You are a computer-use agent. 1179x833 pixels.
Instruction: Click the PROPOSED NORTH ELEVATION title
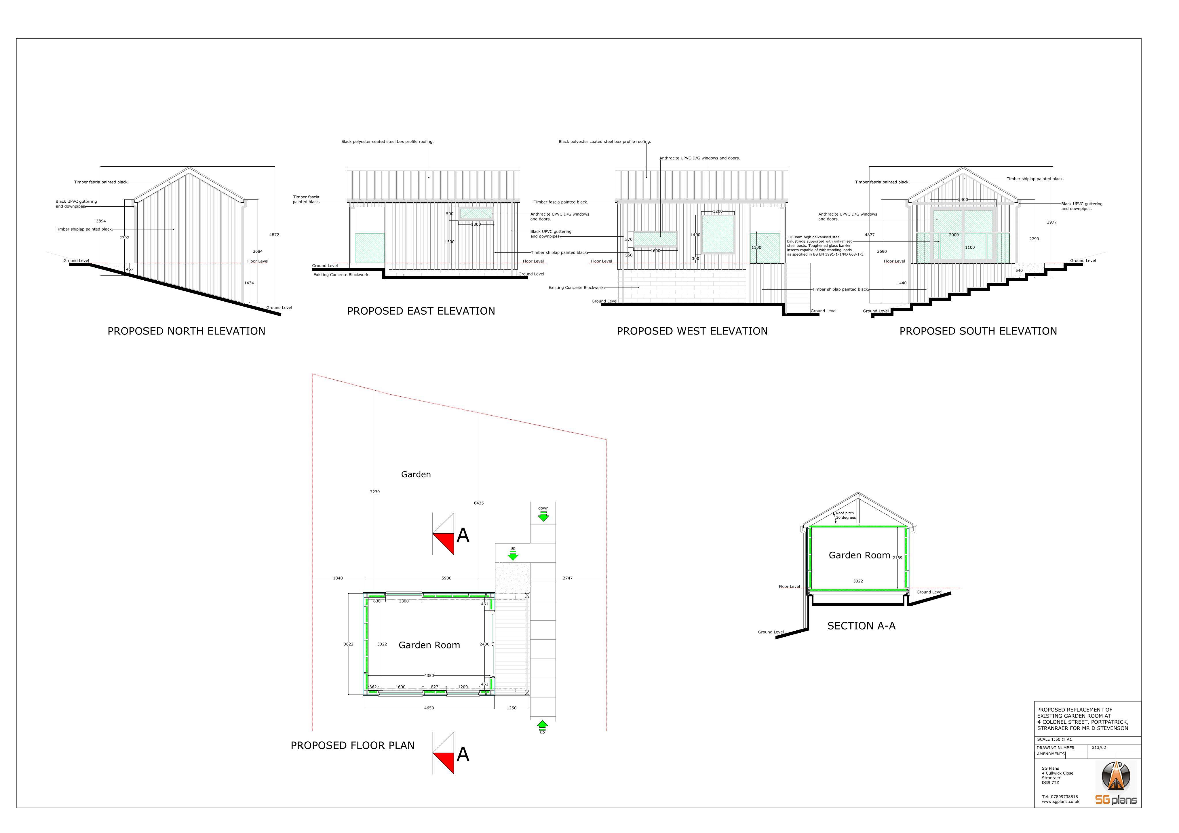tap(187, 331)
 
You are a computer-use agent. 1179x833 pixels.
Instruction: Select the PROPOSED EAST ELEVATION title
tap(421, 311)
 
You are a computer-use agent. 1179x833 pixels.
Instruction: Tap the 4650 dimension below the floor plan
tap(429, 708)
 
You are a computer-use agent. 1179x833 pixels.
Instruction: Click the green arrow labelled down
tap(543, 516)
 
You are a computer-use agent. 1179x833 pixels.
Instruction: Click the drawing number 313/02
tap(1099, 748)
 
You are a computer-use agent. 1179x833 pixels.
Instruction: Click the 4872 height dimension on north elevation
tap(274, 235)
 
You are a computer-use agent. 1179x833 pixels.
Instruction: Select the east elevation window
tap(476, 213)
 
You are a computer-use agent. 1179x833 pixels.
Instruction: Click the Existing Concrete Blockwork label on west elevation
tap(576, 288)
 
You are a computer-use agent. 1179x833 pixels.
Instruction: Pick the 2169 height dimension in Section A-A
tap(897, 558)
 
